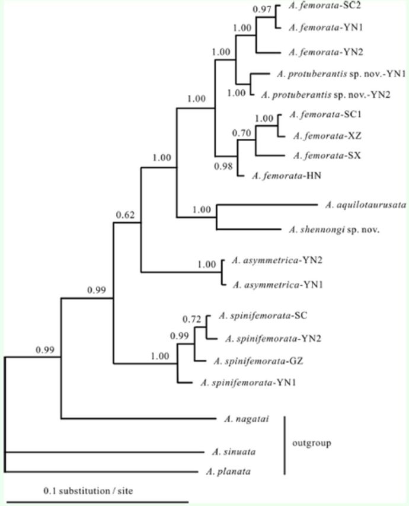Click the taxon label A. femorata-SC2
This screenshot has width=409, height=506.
point(317,5)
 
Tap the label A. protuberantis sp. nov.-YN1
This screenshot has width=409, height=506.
point(341,74)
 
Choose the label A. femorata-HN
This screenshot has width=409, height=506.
point(279,176)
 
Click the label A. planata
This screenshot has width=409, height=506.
point(228,472)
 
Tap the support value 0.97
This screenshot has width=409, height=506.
point(262,10)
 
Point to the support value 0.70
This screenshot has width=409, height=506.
point(242,133)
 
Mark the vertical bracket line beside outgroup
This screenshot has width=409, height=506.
point(285,445)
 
